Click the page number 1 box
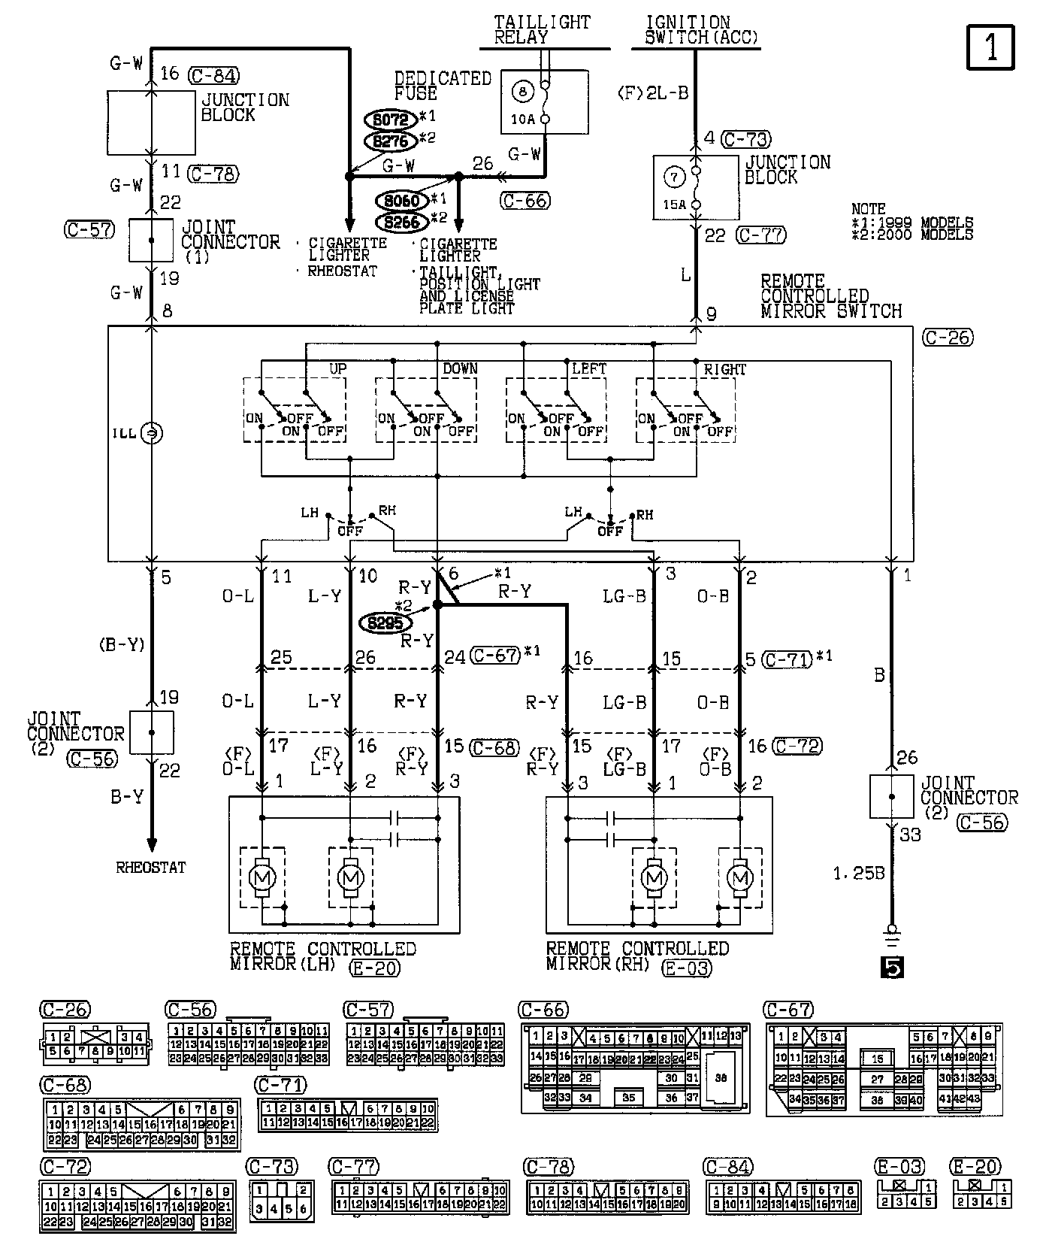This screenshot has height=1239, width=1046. [990, 47]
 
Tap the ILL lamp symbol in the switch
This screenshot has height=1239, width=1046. [152, 433]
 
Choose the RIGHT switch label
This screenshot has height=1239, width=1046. [724, 369]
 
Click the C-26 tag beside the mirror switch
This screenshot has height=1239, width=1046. [948, 338]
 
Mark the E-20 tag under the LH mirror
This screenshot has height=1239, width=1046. [374, 968]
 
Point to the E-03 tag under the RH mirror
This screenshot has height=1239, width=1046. [686, 968]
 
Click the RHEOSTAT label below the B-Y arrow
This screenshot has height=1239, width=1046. [151, 867]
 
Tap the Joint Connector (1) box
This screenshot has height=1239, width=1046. [151, 241]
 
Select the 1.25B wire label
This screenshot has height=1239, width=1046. [858, 874]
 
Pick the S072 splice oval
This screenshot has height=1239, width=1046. [390, 120]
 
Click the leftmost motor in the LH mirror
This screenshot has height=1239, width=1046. [262, 877]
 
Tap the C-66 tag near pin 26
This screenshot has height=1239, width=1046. [525, 200]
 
